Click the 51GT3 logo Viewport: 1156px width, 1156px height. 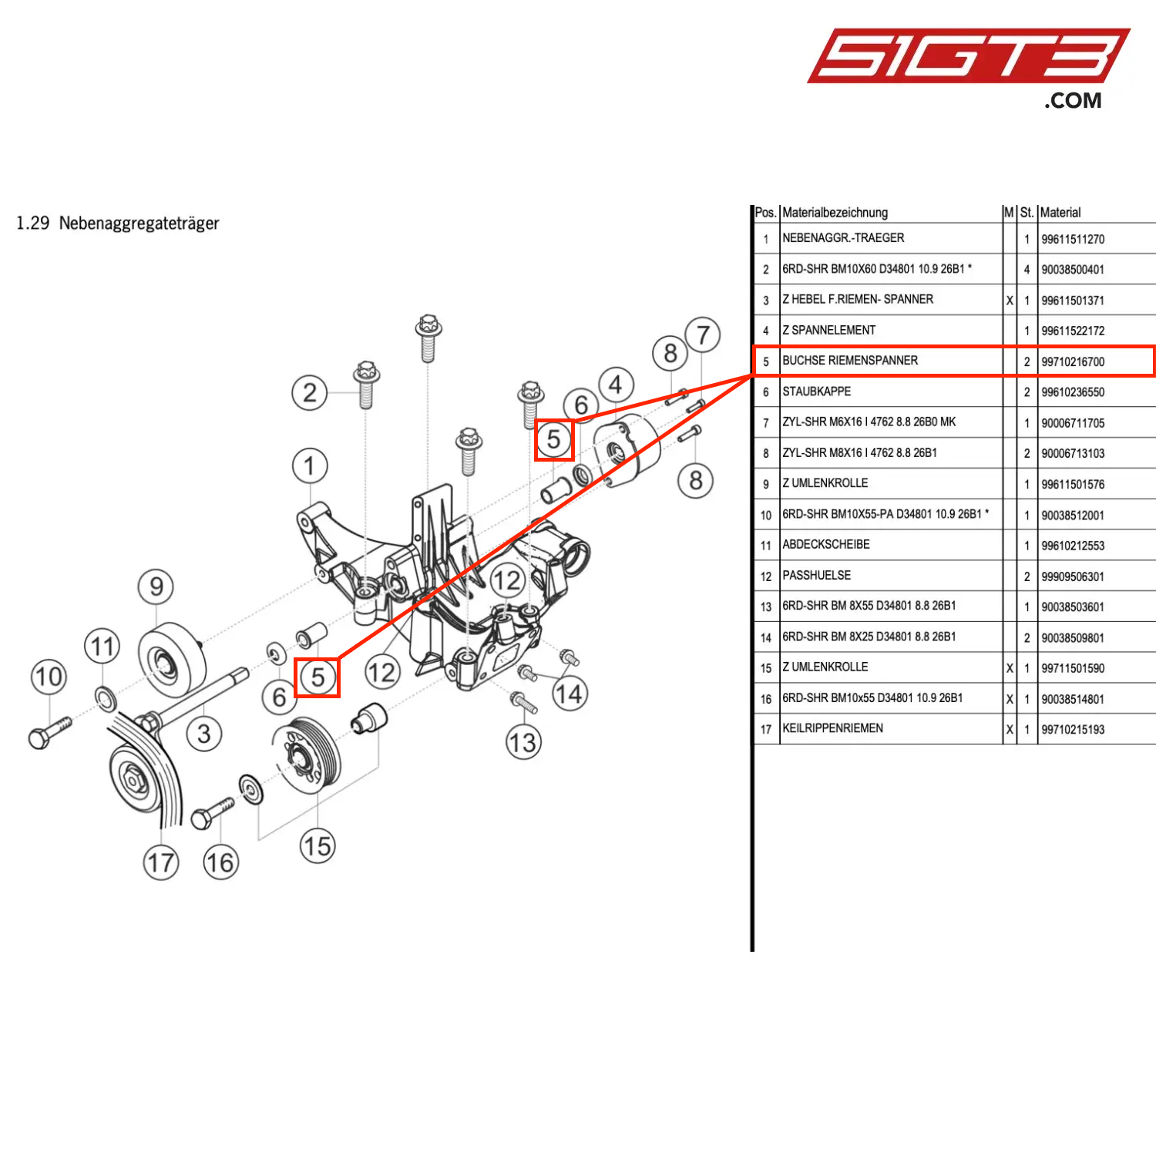(x=967, y=56)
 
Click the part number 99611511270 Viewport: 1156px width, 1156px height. (x=1072, y=239)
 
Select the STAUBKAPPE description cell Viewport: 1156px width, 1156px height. (x=816, y=391)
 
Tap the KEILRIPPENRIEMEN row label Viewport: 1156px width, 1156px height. (x=832, y=728)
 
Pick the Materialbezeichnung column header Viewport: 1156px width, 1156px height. (x=835, y=213)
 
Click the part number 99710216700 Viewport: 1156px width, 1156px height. (x=1072, y=361)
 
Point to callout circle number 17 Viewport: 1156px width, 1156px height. (x=161, y=862)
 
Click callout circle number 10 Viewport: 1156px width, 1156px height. (x=49, y=677)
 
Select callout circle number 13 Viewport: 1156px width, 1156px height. (x=523, y=743)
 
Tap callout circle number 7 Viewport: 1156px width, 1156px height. (x=702, y=335)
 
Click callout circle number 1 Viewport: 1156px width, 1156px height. (x=310, y=465)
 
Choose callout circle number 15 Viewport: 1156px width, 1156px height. (x=317, y=846)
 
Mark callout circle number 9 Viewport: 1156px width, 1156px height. (x=156, y=586)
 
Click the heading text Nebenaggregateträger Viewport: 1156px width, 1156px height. (x=139, y=223)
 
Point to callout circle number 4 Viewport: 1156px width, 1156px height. (x=615, y=385)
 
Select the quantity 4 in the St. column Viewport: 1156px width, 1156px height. (x=1027, y=270)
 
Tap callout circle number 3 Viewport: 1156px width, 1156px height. (x=204, y=734)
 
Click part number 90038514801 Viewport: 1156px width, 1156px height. (x=1072, y=699)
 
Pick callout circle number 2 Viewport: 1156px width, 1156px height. (x=309, y=393)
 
